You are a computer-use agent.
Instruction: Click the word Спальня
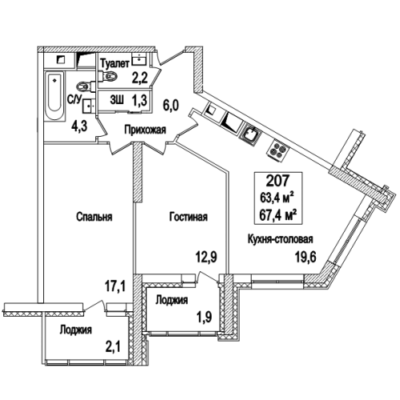94,216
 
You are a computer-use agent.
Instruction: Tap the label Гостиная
188,216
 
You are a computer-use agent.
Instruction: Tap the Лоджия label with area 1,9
170,301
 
